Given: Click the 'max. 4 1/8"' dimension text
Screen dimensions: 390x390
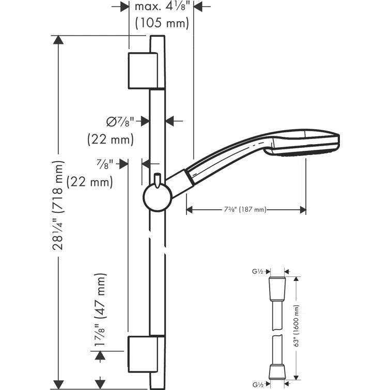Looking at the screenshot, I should tap(162, 7).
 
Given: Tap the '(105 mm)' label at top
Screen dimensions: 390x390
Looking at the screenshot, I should tap(162, 23).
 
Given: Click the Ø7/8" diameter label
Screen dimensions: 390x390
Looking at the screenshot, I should tap(120, 122).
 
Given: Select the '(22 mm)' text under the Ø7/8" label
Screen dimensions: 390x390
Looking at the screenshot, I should tap(110, 139).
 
